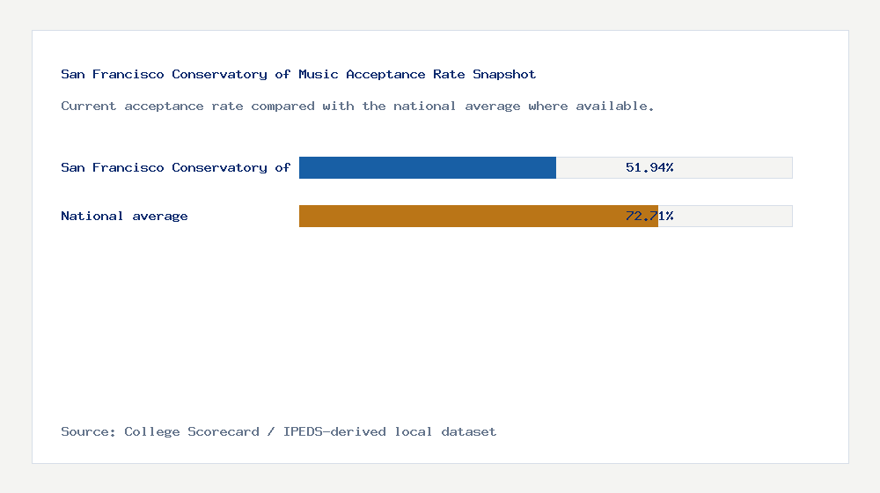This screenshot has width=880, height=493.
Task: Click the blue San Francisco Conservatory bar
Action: tap(428, 167)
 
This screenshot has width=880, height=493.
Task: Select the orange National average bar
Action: tap(478, 216)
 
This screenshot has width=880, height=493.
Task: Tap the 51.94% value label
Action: tap(649, 167)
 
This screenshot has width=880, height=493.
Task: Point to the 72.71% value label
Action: tap(649, 216)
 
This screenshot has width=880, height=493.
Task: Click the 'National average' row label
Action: tap(124, 216)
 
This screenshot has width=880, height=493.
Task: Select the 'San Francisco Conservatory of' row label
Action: tap(175, 167)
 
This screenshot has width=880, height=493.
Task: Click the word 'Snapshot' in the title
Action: tap(504, 74)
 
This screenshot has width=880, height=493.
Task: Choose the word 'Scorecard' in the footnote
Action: tap(223, 431)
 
